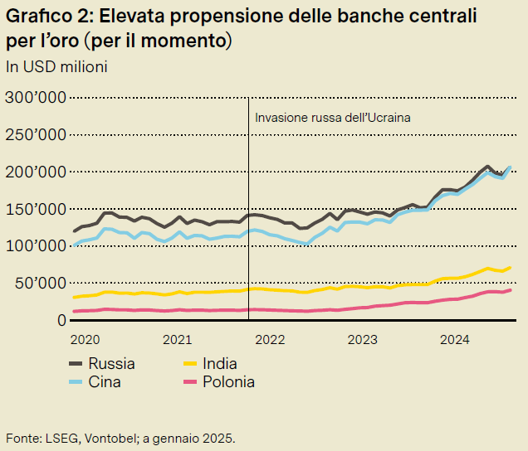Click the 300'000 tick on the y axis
(x=35, y=98)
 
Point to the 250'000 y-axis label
(x=35, y=135)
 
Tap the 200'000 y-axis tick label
(x=35, y=172)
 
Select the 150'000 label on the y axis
(x=35, y=209)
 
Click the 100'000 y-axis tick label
(x=35, y=246)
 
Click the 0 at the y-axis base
(x=61, y=320)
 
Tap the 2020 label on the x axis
(x=86, y=339)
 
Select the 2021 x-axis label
(x=178, y=339)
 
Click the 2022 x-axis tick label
(x=270, y=339)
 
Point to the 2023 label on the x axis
(x=362, y=339)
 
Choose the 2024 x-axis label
(x=455, y=339)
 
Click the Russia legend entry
(x=111, y=363)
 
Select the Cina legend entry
(x=105, y=382)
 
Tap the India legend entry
(x=219, y=363)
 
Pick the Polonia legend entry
(x=228, y=382)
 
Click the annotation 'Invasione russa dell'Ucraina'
(x=332, y=118)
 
